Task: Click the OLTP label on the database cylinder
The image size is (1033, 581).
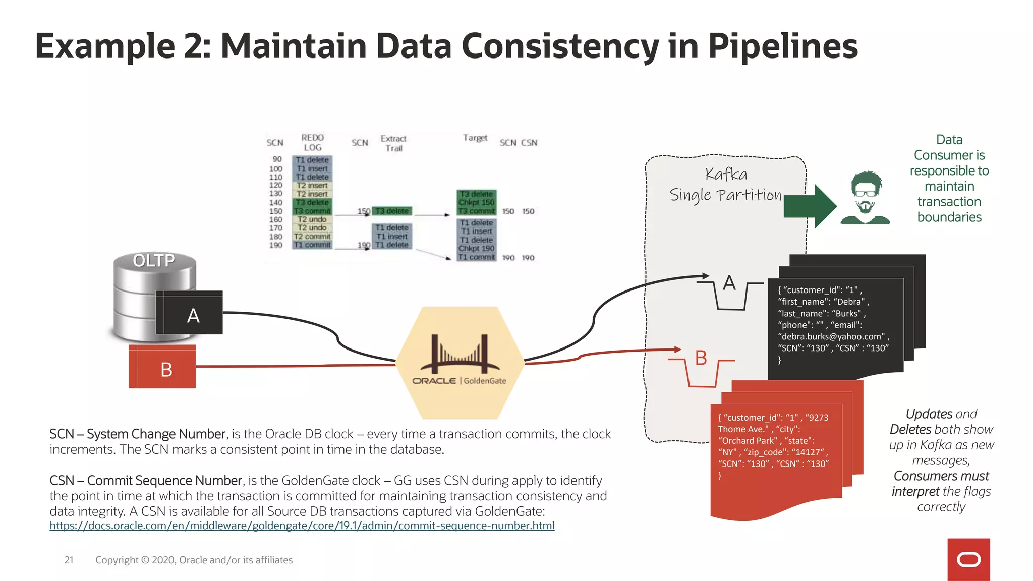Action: point(154,260)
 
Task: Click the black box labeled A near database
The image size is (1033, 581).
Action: point(193,315)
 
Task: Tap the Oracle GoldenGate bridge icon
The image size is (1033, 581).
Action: point(459,355)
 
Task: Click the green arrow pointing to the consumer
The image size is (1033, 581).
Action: point(810,206)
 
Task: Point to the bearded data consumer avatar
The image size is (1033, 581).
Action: point(865,198)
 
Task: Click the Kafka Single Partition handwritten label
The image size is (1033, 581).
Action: point(725,185)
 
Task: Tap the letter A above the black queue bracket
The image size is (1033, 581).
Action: point(729,283)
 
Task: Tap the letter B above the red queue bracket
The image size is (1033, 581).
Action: point(701,358)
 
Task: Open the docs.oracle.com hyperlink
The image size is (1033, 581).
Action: point(302,526)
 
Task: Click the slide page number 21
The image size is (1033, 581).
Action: point(69,560)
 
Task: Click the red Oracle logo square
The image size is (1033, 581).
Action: point(968,559)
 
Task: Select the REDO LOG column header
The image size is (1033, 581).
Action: point(312,142)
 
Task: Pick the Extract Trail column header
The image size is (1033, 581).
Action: point(393,143)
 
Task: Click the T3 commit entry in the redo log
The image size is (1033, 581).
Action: point(312,211)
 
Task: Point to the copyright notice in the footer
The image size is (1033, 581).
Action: point(194,560)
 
